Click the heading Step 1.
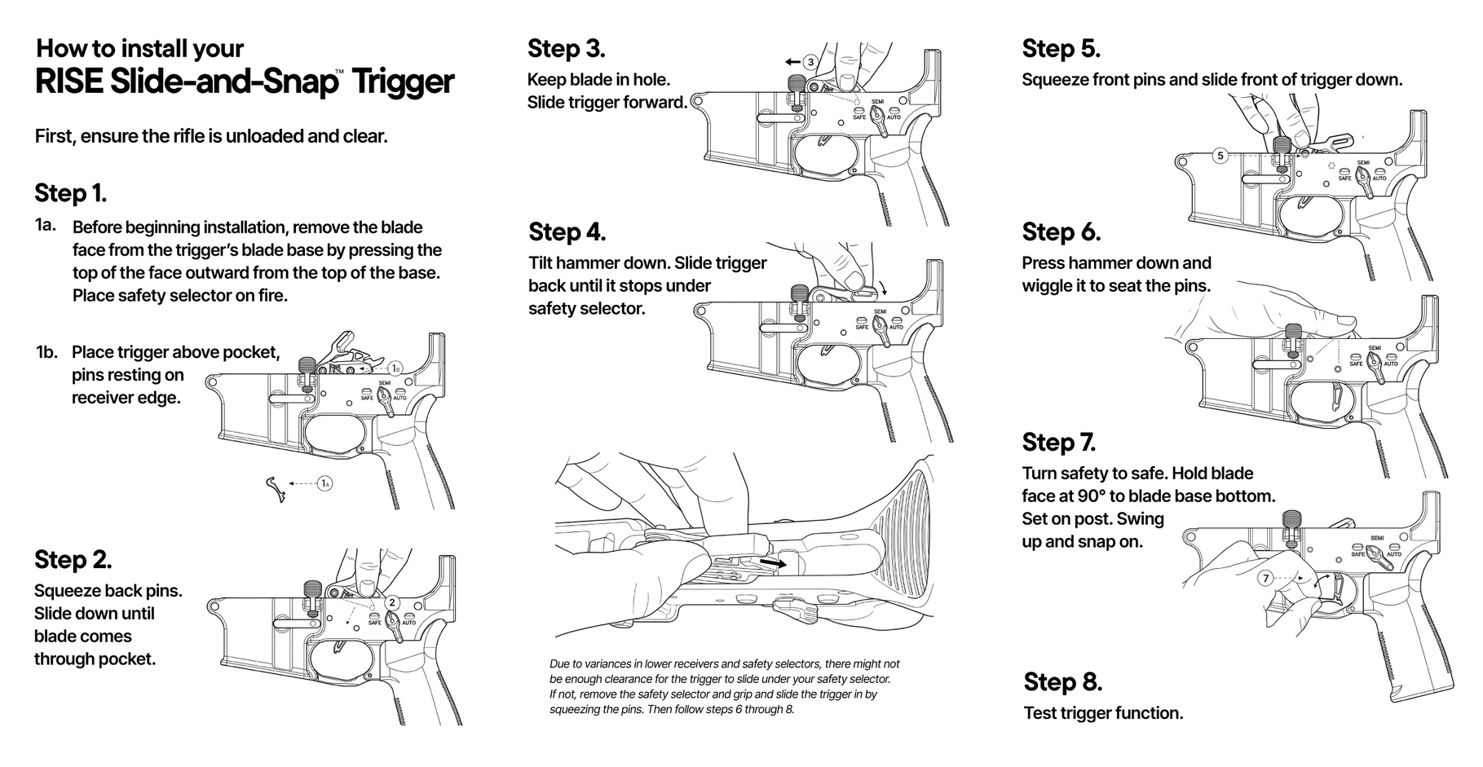pyautogui.click(x=70, y=193)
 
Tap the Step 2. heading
pyautogui.click(x=73, y=560)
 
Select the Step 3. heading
pyautogui.click(x=566, y=49)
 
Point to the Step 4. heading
pyautogui.click(x=567, y=232)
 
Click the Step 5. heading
pyautogui.click(x=1061, y=49)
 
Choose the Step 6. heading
pyautogui.click(x=1061, y=232)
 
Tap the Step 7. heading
pyautogui.click(x=1058, y=443)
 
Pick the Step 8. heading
pyautogui.click(x=1062, y=682)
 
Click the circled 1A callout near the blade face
pyautogui.click(x=324, y=483)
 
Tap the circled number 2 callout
pyautogui.click(x=392, y=602)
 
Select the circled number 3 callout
pyautogui.click(x=810, y=62)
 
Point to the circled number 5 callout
pyautogui.click(x=1220, y=155)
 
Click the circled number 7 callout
pyautogui.click(x=1265, y=578)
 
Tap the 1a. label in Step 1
pyautogui.click(x=46, y=225)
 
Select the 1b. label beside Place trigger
pyautogui.click(x=46, y=352)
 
